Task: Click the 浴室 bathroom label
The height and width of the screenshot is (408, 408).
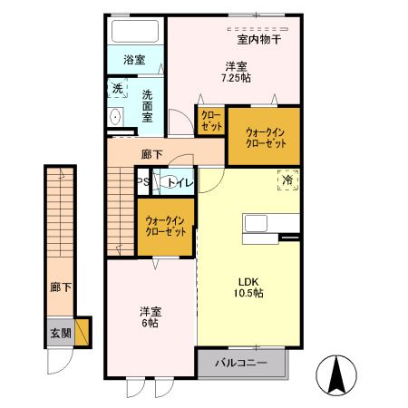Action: point(134,60)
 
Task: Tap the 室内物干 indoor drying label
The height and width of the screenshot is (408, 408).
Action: point(259,39)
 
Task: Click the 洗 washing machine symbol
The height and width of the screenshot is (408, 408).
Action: point(117,89)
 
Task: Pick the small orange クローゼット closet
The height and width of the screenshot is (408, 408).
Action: point(209,121)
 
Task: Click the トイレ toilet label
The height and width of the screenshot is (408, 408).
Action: point(180,183)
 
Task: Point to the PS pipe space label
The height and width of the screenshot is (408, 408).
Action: point(142,183)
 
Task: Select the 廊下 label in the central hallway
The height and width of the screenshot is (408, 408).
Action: point(151,154)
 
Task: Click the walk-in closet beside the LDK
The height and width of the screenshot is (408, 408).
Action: point(165,225)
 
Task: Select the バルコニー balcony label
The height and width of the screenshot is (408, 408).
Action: point(240,364)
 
